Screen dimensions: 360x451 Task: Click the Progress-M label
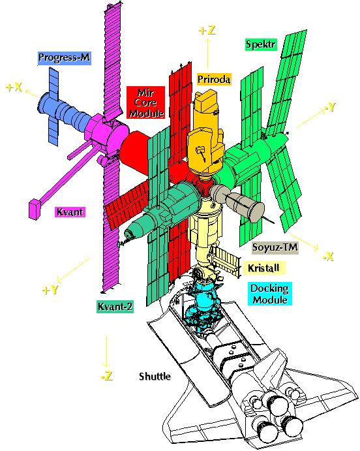(x=65, y=58)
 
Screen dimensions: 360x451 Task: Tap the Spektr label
(x=261, y=44)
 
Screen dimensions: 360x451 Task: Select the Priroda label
(x=214, y=79)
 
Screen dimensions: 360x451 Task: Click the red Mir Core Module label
(x=146, y=102)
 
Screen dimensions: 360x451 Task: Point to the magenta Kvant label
(x=70, y=212)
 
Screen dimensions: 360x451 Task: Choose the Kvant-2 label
(x=115, y=307)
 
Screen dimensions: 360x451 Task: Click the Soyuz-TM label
(x=275, y=247)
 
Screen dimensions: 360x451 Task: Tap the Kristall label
(x=264, y=268)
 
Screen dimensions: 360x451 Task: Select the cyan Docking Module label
(x=270, y=294)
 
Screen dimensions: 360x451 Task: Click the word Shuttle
(x=155, y=376)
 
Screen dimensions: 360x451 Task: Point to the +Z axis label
(x=207, y=30)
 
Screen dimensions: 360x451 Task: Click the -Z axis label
(x=106, y=376)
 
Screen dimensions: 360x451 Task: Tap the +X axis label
(x=14, y=87)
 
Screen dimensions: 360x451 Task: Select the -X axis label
(x=329, y=257)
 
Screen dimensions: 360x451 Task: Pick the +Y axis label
(x=50, y=290)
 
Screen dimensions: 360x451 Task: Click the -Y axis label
(x=330, y=107)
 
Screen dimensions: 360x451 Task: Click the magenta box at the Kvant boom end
(x=34, y=209)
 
